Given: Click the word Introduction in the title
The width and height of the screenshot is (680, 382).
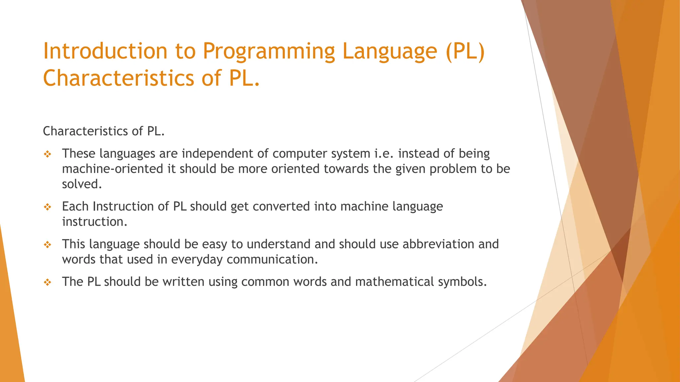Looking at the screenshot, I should (x=105, y=51).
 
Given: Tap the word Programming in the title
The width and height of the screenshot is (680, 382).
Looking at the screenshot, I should (x=268, y=52).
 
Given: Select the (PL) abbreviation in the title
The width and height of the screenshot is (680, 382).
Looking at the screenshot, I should (x=465, y=52).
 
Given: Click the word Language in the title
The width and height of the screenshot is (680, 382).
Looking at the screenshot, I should (x=389, y=52).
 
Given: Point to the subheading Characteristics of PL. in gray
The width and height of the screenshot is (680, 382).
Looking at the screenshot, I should (x=104, y=131).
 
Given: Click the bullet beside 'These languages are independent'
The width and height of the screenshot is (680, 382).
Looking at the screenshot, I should (x=47, y=154).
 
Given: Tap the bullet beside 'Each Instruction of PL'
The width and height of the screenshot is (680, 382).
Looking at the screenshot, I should (x=47, y=207).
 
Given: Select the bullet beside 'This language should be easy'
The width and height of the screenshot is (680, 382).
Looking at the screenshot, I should (x=47, y=245).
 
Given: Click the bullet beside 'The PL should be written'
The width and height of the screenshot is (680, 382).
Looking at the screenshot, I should (x=47, y=283).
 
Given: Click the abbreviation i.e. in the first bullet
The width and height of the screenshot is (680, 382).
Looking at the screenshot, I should (x=384, y=154).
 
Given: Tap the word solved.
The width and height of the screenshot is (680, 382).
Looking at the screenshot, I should (x=82, y=184).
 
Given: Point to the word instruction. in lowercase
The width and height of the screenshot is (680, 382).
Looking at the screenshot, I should (x=95, y=222).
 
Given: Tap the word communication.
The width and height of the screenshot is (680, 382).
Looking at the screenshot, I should (x=272, y=259).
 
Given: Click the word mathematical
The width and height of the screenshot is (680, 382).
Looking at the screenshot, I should (x=394, y=282).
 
